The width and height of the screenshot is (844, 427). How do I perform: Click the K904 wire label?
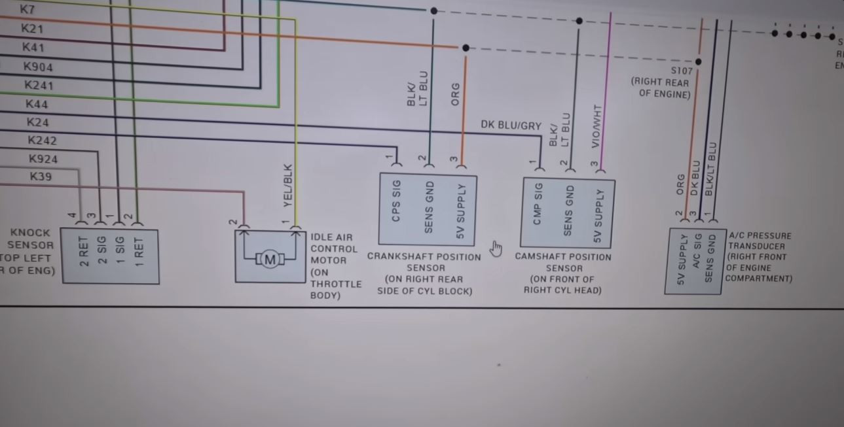pos(38,67)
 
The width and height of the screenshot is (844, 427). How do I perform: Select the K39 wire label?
pos(41,177)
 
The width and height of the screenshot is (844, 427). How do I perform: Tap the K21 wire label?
pos(32,29)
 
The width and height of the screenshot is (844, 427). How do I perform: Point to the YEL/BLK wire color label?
pos(288,186)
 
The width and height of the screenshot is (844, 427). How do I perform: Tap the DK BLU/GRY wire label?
pos(511,125)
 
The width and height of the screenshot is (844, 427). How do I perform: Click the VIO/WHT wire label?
pos(595,126)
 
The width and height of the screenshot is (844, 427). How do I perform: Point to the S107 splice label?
pos(681,71)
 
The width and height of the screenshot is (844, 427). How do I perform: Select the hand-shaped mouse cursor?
pos(496,249)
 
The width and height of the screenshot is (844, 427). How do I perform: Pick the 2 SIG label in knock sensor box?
pos(101,250)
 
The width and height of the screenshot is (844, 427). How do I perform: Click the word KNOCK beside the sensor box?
pos(29,233)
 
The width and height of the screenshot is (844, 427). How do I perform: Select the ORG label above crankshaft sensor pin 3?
pos(456,94)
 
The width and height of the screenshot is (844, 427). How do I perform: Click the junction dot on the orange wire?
pos(466,48)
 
